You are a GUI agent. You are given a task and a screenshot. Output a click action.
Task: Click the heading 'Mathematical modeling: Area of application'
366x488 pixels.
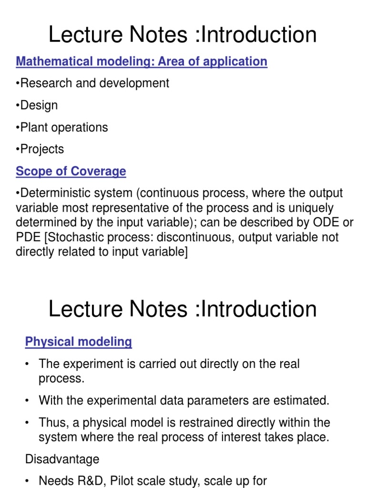(142, 61)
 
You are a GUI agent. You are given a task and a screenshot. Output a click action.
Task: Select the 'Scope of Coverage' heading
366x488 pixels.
(71, 171)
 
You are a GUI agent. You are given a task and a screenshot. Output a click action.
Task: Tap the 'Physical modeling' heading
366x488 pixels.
(79, 342)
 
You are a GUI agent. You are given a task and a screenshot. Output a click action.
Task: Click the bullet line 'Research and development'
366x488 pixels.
(93, 83)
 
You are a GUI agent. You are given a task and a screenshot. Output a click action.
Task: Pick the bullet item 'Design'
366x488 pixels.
(38, 105)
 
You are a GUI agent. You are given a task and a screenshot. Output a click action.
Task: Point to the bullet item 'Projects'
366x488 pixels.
(41, 149)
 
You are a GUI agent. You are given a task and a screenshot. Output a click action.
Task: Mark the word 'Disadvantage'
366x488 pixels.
(62, 459)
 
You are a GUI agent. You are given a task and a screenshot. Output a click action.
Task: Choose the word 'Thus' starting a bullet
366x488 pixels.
(51, 423)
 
